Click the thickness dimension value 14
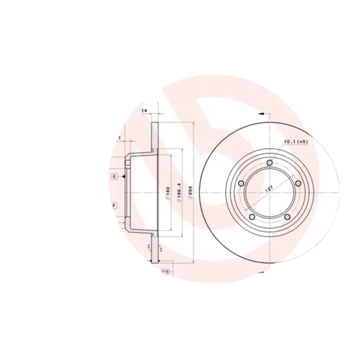144,110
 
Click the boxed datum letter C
115,176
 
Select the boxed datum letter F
115,205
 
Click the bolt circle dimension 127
269,189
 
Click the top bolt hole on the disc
269,162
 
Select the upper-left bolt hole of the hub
241,183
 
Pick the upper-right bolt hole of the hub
297,183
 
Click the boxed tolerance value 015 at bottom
164,272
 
